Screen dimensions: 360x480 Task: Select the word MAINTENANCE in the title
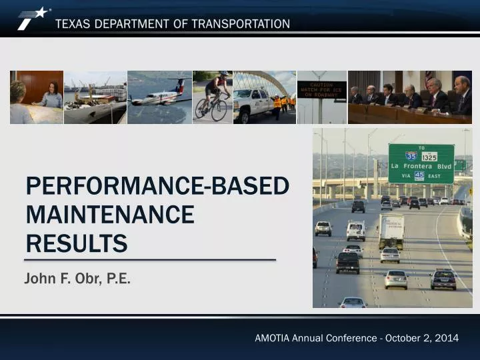pyautogui.click(x=110, y=215)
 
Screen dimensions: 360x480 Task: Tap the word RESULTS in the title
pyautogui.click(x=76, y=243)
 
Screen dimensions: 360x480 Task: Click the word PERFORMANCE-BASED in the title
pyautogui.click(x=157, y=186)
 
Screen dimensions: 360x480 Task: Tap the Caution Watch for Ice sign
pyautogui.click(x=321, y=89)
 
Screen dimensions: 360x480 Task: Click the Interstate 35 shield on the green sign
pyautogui.click(x=411, y=156)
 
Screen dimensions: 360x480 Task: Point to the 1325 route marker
pyautogui.click(x=430, y=157)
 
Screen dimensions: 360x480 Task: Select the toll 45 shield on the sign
pyautogui.click(x=419, y=175)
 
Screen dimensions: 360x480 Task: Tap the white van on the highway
pyautogui.click(x=356, y=231)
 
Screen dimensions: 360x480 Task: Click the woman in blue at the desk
pyautogui.click(x=51, y=97)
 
